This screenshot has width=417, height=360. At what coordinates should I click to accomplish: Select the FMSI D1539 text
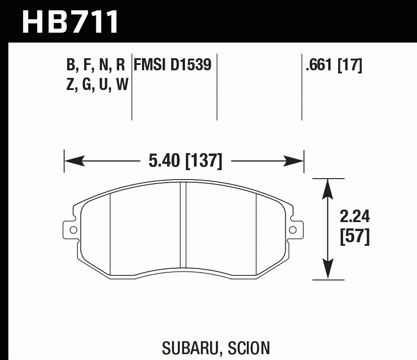tap(172, 65)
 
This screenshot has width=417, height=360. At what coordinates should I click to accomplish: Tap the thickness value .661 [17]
tap(333, 65)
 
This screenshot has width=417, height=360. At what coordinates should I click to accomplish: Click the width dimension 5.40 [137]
tap(185, 161)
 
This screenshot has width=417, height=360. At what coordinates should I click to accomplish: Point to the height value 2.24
tap(355, 218)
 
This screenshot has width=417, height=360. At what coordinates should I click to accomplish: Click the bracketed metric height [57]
tap(355, 237)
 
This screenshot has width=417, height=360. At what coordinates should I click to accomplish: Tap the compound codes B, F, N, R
tap(95, 65)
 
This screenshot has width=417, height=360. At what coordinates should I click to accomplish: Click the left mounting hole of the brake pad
tap(73, 230)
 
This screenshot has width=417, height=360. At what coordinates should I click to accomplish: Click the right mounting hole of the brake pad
tap(293, 230)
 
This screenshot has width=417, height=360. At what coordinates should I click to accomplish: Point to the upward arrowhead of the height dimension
tap(329, 188)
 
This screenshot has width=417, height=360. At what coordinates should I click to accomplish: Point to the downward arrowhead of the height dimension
tap(329, 271)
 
